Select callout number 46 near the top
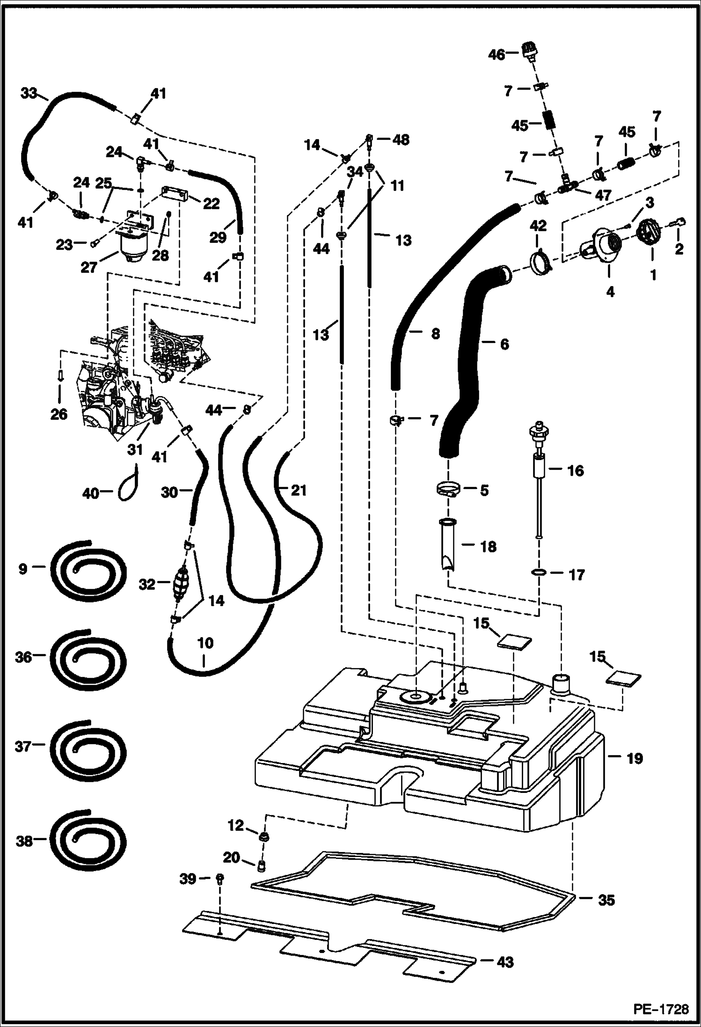(497, 55)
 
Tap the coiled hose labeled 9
(89, 568)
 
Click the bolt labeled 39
(220, 879)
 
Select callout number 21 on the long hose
(298, 490)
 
